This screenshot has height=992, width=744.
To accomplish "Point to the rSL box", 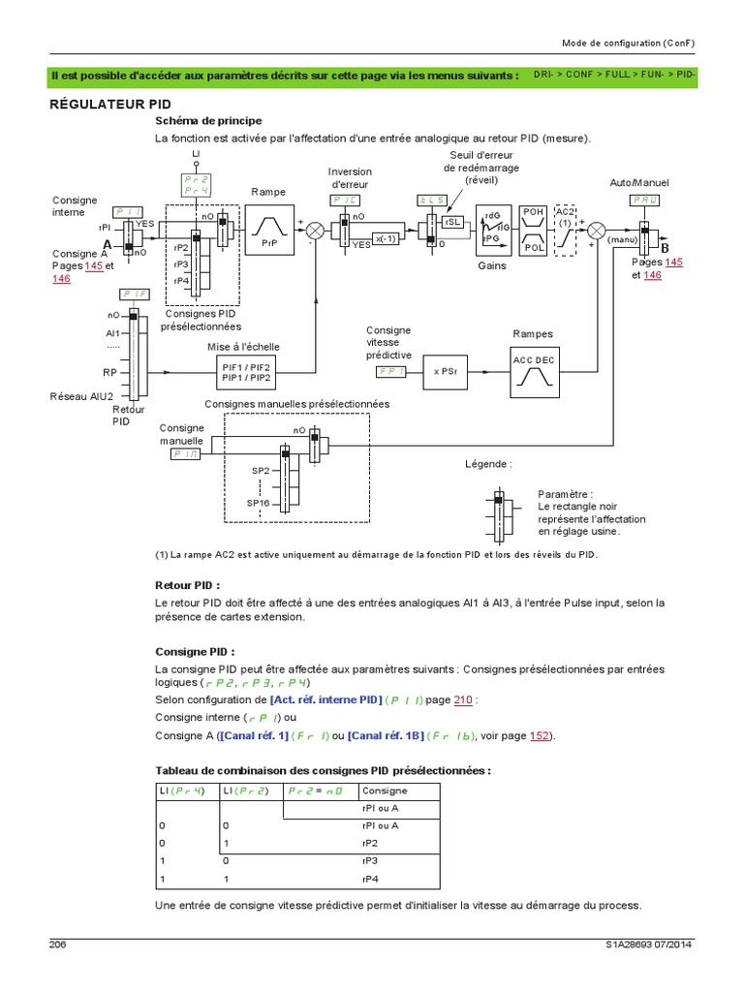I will (x=452, y=222).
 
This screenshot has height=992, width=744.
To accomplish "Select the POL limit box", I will (x=532, y=245).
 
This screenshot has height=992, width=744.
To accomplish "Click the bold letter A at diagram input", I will (x=107, y=242).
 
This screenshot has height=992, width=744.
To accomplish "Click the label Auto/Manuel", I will (x=638, y=182).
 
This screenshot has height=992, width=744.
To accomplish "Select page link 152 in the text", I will (x=541, y=735).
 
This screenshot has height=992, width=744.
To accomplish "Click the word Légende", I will (x=488, y=464).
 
